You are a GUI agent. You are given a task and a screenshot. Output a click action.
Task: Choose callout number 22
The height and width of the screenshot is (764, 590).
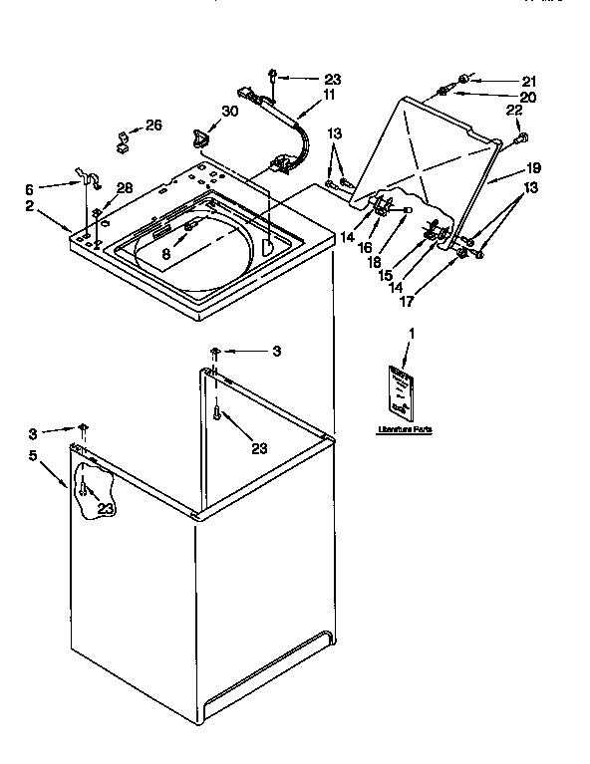point(514,111)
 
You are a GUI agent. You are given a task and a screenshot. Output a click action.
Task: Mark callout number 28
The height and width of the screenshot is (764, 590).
point(124,187)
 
